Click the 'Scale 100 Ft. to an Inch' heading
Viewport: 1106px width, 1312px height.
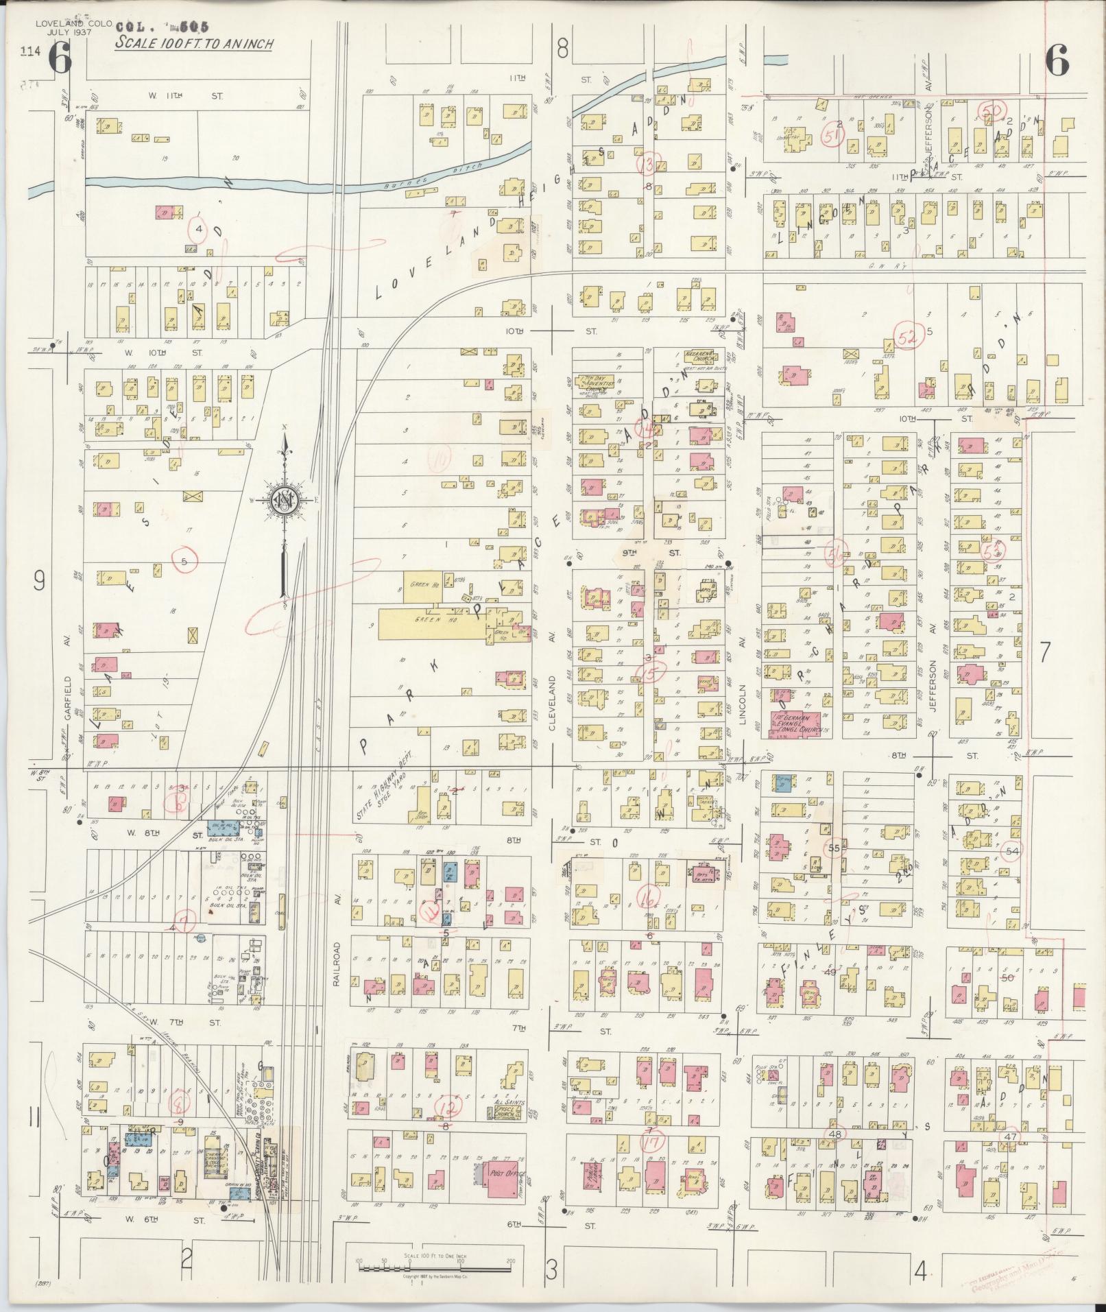194,43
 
